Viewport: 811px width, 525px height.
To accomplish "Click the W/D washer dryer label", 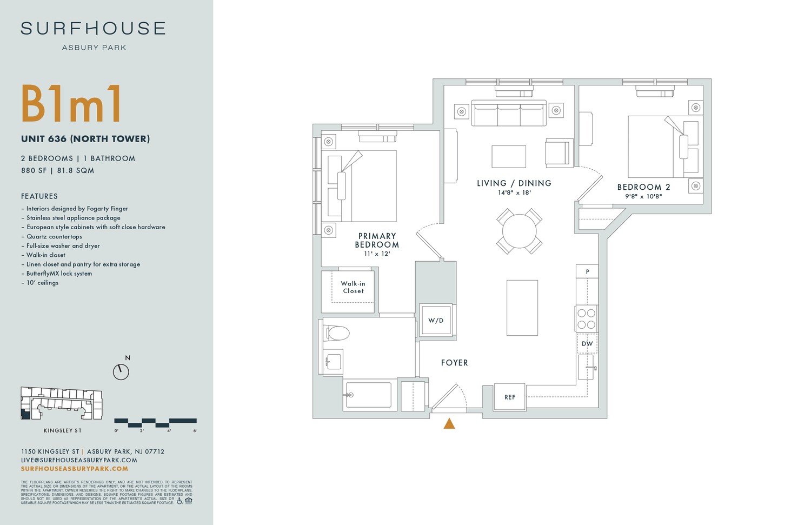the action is point(436,321).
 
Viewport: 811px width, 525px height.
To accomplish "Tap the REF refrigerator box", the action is point(510,397).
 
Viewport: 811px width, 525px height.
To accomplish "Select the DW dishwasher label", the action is point(587,344).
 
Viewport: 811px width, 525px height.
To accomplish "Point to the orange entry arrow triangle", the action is point(449,423).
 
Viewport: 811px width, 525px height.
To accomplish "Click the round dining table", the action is point(519,231).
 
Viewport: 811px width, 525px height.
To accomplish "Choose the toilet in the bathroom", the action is point(336,333).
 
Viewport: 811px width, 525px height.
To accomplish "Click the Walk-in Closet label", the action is point(353,287).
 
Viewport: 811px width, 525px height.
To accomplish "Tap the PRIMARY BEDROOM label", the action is point(377,241).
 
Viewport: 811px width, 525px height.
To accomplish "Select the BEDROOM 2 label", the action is point(643,187).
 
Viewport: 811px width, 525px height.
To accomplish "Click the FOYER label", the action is point(454,363).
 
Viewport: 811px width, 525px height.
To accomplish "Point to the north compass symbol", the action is point(121,371).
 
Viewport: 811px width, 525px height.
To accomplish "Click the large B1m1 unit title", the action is point(71,104).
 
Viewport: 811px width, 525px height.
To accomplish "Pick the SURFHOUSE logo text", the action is point(93,29).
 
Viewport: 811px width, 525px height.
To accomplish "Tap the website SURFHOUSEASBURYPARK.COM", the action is point(75,469).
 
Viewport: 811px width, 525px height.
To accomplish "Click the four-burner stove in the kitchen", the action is point(586,319).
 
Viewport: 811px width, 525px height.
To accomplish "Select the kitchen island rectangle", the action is point(522,308).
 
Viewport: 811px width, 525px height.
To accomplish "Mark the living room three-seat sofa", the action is point(508,114).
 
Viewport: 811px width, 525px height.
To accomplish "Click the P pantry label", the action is point(587,271).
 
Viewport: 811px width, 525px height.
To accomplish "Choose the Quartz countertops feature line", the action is point(54,236).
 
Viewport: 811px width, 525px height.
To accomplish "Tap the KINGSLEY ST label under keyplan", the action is point(63,430).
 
